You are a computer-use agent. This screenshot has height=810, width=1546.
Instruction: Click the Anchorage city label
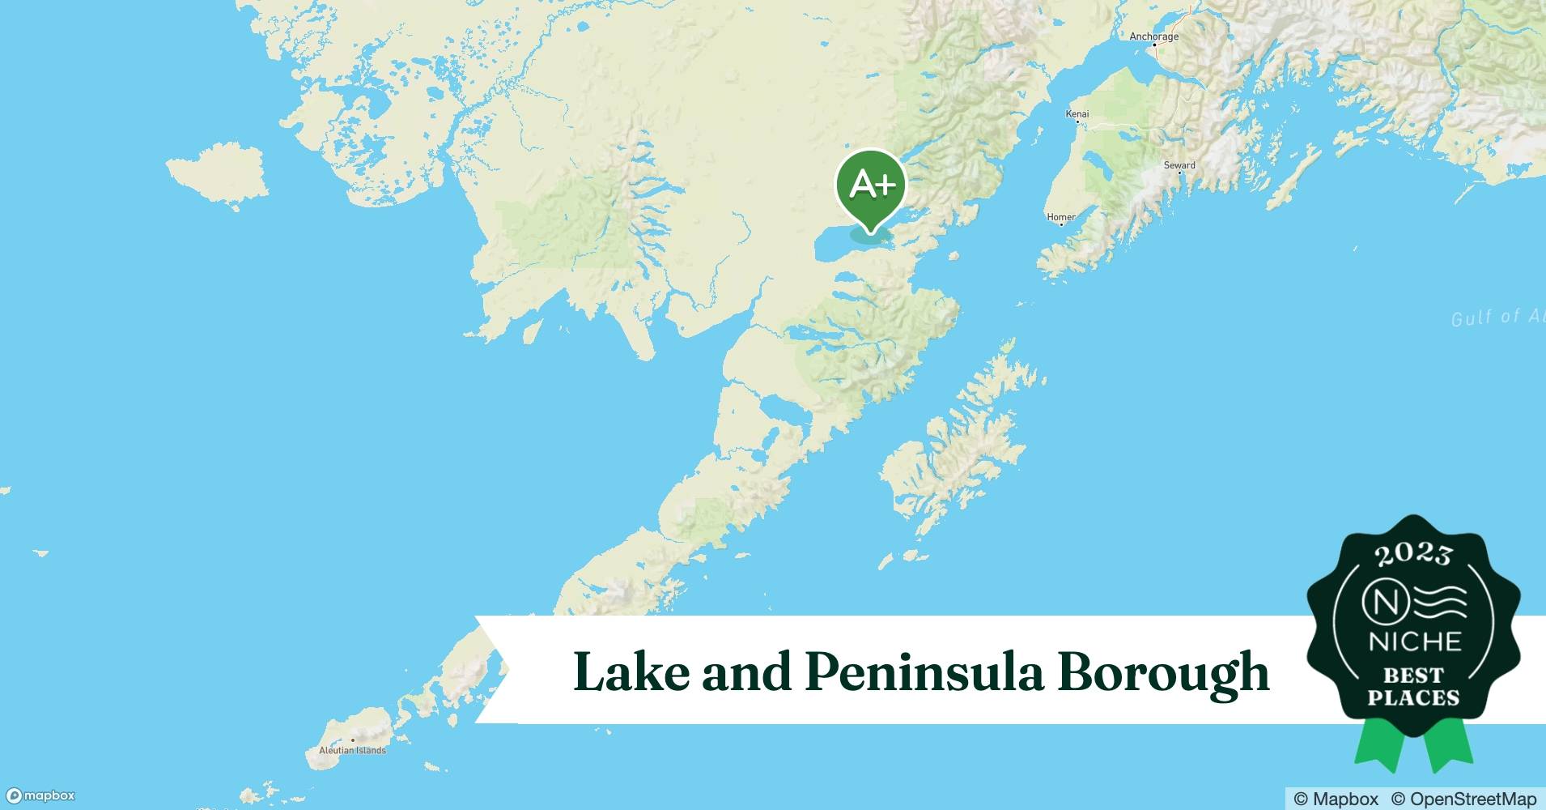point(1153,36)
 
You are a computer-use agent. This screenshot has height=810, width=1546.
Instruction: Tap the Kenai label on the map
point(1077,113)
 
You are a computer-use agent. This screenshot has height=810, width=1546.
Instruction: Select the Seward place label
point(1179,165)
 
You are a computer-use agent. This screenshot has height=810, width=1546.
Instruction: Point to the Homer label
point(1061,217)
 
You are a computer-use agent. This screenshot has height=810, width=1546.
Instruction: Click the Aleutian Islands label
point(352,751)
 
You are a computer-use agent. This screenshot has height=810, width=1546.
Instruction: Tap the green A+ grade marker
point(871,186)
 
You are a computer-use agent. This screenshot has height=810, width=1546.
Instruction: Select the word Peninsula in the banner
point(924,672)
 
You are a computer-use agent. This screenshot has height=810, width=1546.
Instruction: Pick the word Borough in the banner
point(1163,672)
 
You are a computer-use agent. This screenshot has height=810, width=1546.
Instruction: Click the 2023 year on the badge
point(1413,555)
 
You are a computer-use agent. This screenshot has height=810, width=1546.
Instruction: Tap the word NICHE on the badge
point(1414,642)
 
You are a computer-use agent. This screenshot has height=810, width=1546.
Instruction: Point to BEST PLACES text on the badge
point(1413,686)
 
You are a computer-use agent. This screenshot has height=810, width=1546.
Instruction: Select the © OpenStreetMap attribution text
point(1463,799)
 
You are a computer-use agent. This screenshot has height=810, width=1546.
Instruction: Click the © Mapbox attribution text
point(1336,799)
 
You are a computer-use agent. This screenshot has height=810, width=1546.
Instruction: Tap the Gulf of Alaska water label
point(1497,317)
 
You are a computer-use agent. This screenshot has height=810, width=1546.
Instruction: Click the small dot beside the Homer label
point(1061,224)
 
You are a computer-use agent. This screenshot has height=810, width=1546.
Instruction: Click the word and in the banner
point(745,672)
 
